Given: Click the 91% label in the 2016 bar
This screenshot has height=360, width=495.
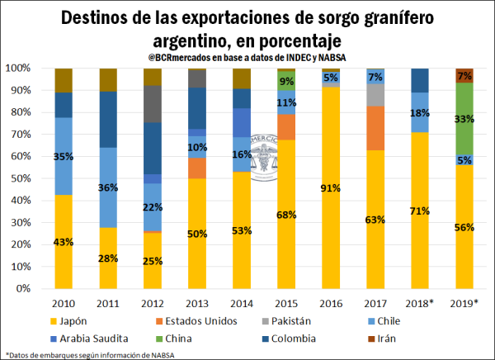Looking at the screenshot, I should point(331,188).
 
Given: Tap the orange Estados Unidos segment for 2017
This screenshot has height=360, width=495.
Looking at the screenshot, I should point(376,128).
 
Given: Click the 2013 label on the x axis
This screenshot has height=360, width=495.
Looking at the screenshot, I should point(197,303).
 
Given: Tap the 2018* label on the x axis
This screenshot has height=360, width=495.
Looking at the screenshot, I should point(420,303).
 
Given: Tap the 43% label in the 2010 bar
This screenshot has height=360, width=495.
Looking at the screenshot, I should point(64,242).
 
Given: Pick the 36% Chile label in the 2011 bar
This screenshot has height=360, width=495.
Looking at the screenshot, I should point(108,187).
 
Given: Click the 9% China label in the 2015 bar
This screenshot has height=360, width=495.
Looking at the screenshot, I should point(286,81).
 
